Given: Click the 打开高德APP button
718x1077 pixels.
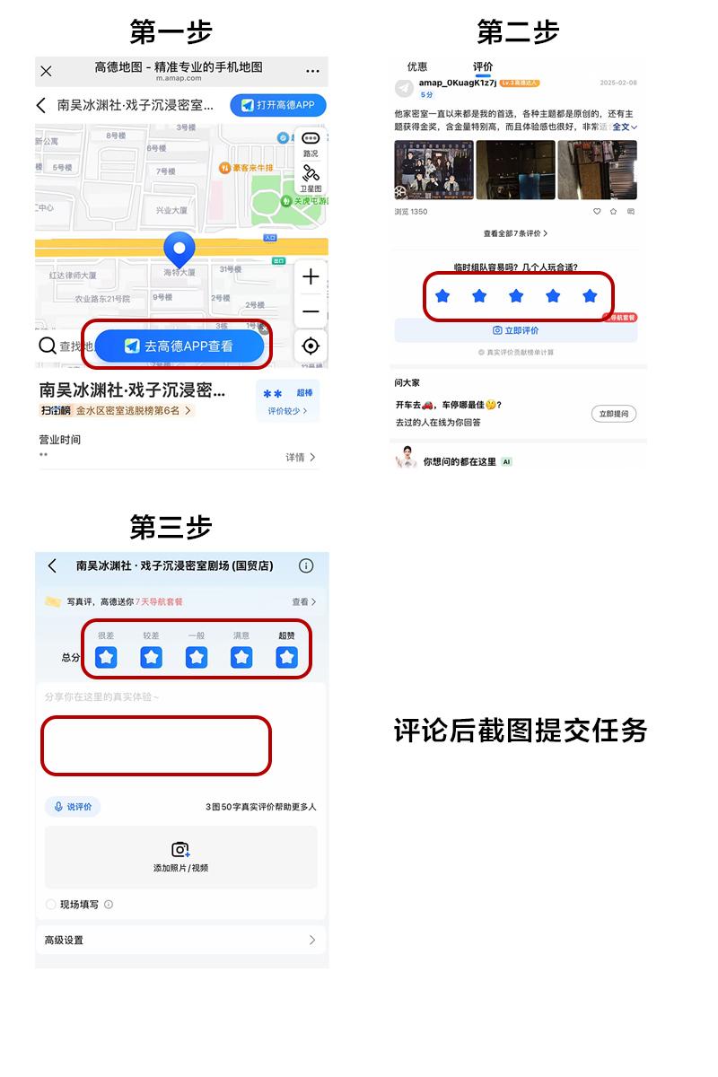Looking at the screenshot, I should coord(277,105).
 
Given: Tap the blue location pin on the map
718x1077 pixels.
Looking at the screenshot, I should coord(179,250).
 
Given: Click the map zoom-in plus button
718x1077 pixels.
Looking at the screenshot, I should coord(311,277).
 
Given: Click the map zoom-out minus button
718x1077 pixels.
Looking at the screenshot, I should coord(311,311).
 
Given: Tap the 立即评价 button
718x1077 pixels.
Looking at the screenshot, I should coord(515,330).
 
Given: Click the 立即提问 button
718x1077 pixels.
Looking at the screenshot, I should coord(614,414).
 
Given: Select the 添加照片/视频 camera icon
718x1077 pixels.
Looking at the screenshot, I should coord(180,849).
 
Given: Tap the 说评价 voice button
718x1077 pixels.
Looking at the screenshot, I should coord(73,807).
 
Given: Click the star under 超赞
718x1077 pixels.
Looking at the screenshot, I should coord(286,657).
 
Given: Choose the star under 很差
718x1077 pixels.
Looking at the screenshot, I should coord(106,657).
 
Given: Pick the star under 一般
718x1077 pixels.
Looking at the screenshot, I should coord(197,657).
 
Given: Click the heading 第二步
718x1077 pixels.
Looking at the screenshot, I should coord(518,32).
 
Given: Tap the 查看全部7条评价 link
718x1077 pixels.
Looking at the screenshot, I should coord(515,233).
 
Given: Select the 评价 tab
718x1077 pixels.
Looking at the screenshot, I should coord(483,66).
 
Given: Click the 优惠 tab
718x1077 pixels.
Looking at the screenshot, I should coord(417,66).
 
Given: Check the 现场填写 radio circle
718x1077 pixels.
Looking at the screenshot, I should coord(50,905).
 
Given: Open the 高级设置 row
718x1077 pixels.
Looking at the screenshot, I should coord(179,940).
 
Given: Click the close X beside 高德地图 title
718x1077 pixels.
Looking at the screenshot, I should coord(47,71).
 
